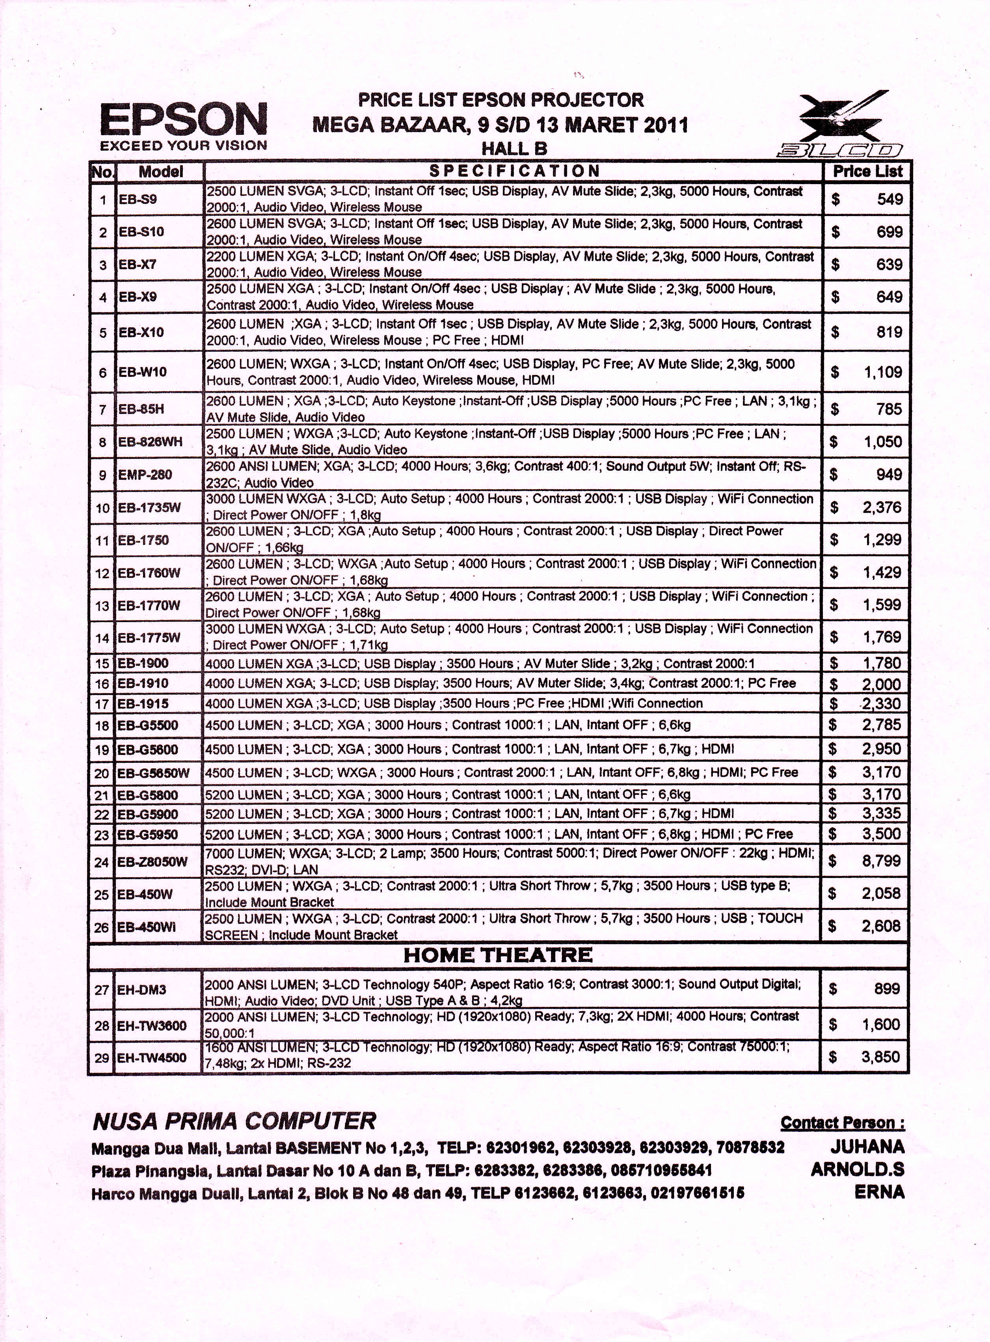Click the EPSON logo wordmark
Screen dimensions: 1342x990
pos(183,119)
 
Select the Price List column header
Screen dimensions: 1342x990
pos(867,171)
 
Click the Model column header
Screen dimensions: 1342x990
pos(161,172)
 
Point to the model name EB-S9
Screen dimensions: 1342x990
pos(138,199)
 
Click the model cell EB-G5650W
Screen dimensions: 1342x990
pos(153,773)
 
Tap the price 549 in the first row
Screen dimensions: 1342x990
pos(890,199)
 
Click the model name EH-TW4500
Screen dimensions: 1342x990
pos(152,1058)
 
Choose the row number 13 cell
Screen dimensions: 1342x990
pos(102,606)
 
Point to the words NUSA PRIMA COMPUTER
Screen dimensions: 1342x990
pos(234,1122)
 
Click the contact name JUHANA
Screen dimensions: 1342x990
pos(867,1147)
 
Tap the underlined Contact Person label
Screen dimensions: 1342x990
pos(842,1123)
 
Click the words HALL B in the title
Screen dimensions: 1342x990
pos(514,149)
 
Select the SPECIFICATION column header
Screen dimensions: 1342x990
pos(514,171)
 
